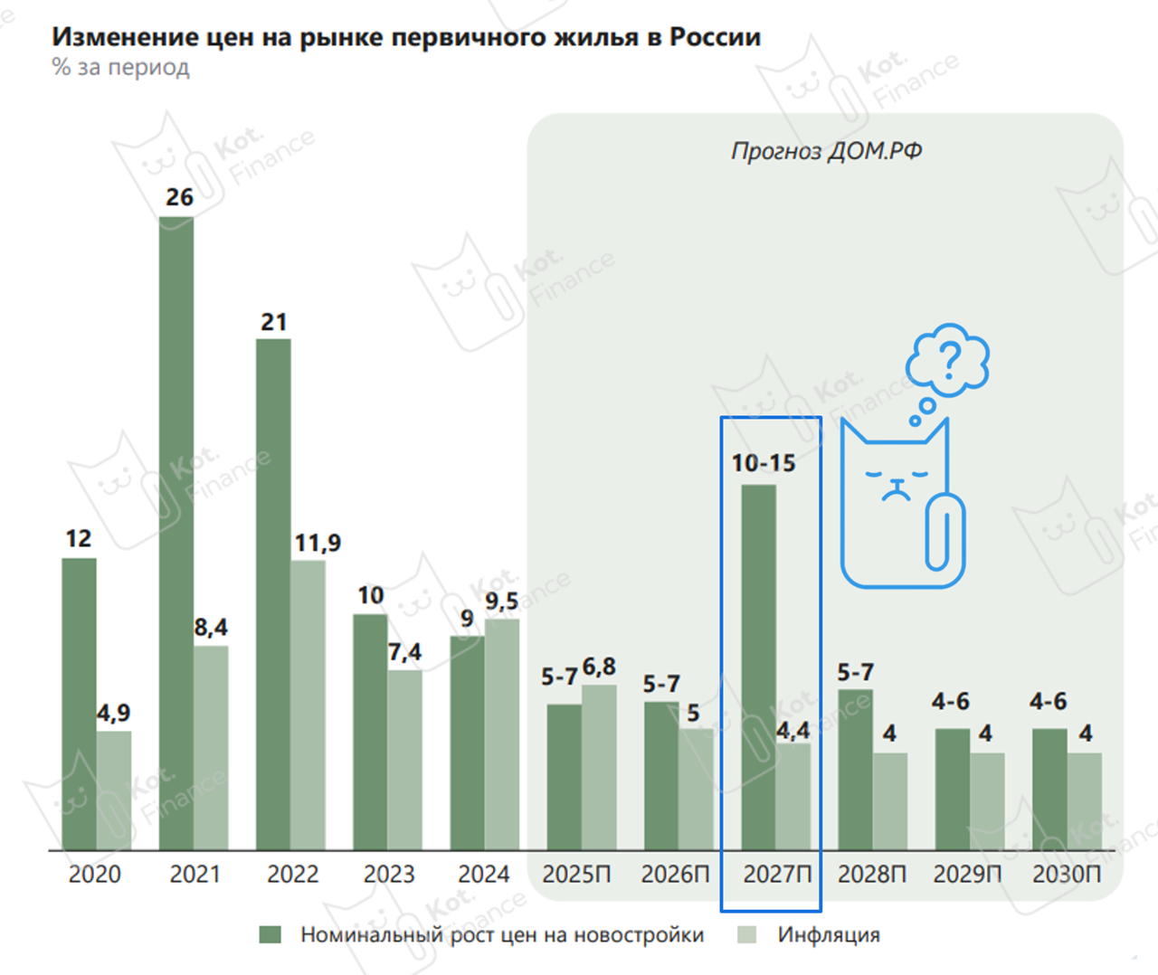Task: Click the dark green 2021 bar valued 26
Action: pyautogui.click(x=176, y=534)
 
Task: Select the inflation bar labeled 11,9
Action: pyautogui.click(x=308, y=705)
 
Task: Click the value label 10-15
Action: pyautogui.click(x=764, y=463)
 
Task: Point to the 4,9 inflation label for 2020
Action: pyautogui.click(x=114, y=714)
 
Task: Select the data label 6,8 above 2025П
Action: pyautogui.click(x=599, y=667)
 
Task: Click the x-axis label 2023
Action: pyautogui.click(x=389, y=875)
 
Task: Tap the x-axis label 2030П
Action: pyautogui.click(x=1067, y=875)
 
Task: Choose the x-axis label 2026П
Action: pyautogui.click(x=675, y=875)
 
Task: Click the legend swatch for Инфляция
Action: pyautogui.click(x=746, y=934)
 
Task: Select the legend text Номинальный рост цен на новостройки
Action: pyautogui.click(x=502, y=934)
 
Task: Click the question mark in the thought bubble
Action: pyautogui.click(x=949, y=360)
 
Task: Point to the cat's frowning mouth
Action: pyautogui.click(x=897, y=493)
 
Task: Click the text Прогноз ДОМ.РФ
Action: pyautogui.click(x=826, y=151)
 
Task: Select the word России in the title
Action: pyautogui.click(x=715, y=37)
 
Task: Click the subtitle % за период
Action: pyautogui.click(x=121, y=68)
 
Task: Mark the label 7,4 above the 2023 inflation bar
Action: pyautogui.click(x=404, y=652)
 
